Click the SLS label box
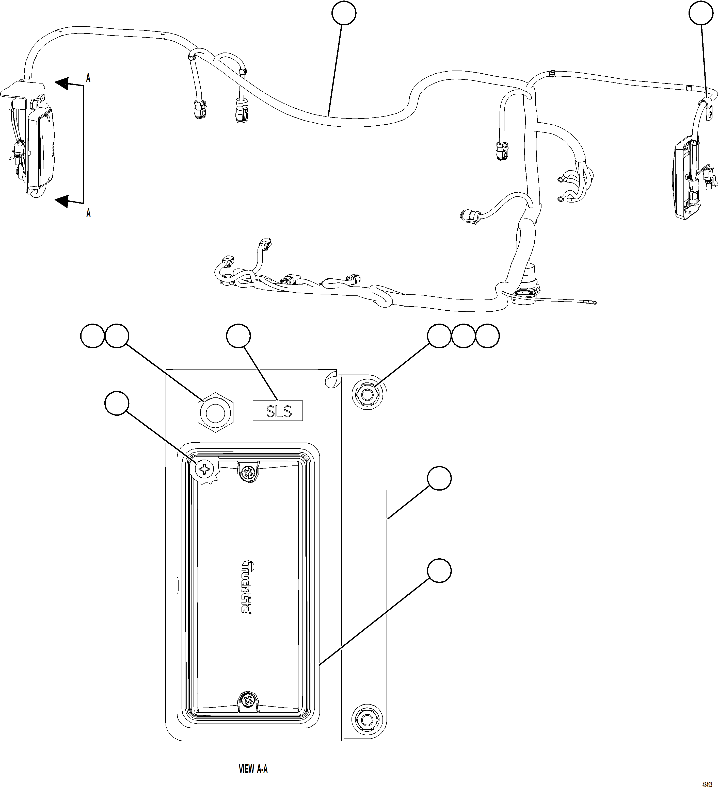278,411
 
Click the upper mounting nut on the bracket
366,396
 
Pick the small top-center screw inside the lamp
248,474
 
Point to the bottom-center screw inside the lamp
248,699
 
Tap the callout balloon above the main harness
344,13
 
